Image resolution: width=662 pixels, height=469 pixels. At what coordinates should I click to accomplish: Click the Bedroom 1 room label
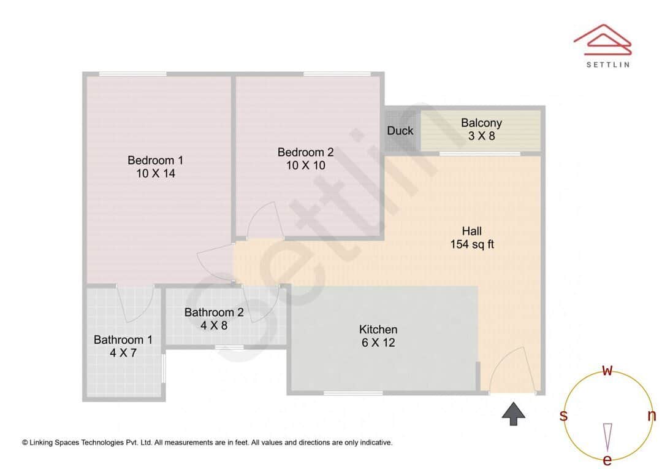[155, 160]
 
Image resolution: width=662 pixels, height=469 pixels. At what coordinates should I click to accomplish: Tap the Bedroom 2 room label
[305, 152]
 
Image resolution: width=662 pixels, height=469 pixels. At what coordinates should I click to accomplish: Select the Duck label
[400, 131]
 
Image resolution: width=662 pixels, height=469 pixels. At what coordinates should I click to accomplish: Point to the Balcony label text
[481, 123]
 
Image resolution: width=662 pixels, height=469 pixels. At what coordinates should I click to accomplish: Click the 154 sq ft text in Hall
[472, 244]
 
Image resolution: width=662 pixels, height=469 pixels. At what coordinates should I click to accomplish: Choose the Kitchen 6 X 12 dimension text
[378, 343]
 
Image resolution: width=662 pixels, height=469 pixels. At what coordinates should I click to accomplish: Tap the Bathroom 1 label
[123, 339]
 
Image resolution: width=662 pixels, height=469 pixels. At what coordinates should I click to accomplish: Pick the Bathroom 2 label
[214, 312]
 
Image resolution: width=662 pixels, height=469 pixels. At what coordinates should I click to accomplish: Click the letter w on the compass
[607, 370]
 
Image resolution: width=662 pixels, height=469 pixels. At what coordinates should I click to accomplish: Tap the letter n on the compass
[652, 416]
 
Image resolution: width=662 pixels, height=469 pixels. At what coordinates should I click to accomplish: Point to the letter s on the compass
[563, 416]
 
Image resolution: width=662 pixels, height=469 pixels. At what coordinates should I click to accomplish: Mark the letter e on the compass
[607, 460]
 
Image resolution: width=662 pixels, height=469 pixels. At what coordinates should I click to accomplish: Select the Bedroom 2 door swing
[265, 220]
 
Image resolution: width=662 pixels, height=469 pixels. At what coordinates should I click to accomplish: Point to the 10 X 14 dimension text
[155, 174]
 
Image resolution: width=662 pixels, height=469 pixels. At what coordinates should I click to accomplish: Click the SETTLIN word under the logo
[607, 64]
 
